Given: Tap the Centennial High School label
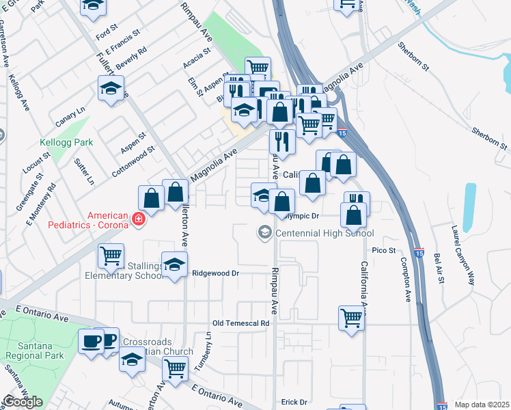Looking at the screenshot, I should [324, 233].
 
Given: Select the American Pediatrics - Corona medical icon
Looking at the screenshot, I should [138, 219].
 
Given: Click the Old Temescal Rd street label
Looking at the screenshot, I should [241, 323].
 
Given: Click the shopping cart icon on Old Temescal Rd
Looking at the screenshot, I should [351, 317].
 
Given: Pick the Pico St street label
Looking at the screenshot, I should [385, 251].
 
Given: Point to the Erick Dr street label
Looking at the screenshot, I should [294, 402].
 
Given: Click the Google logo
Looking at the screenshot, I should [23, 402].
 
